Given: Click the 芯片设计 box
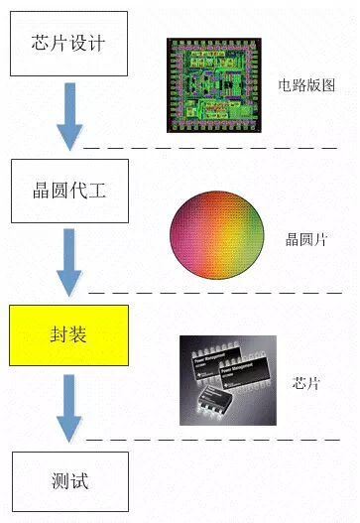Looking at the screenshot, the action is point(69,45).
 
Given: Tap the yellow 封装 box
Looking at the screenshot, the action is point(69,334).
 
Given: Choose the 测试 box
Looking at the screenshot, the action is point(69,482).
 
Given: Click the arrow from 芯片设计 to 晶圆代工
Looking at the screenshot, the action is point(68,116).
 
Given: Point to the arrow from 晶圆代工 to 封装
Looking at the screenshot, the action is point(68,262).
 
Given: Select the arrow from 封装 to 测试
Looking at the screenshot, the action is point(68,408).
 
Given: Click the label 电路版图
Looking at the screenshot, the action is point(306,84).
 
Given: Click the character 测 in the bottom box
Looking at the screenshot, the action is point(60,482).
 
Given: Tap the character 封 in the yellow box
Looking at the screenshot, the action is point(60,334).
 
